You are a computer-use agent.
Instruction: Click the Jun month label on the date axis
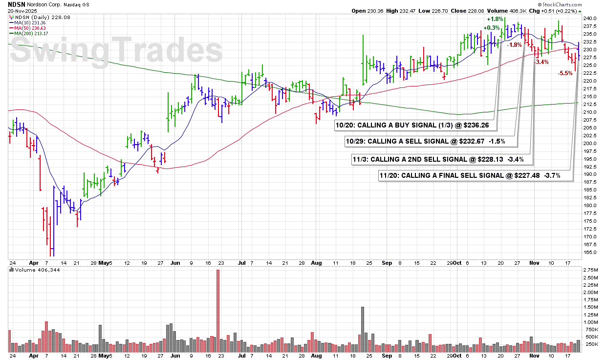click(175, 263)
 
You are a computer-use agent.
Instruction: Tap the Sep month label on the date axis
click(387, 263)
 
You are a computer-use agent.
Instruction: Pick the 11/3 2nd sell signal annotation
click(442, 159)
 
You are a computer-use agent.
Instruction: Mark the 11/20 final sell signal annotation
click(476, 175)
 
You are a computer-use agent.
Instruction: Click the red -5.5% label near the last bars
click(565, 73)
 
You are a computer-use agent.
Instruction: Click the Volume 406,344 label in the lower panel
click(35, 270)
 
